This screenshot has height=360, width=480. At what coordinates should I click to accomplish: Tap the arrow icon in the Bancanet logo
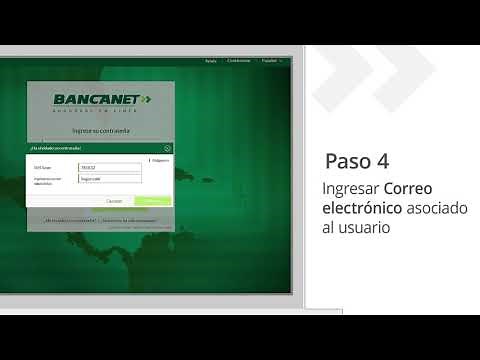[146, 99]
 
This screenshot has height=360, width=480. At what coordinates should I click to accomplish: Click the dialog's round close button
[168, 147]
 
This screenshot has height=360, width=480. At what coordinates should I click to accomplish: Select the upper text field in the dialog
[109, 168]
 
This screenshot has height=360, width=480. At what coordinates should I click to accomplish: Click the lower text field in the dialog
[109, 180]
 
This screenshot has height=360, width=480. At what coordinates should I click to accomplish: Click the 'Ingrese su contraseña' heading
[99, 131]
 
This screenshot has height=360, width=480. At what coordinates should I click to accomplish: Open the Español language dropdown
[271, 61]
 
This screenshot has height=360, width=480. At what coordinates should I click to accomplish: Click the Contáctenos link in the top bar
[239, 61]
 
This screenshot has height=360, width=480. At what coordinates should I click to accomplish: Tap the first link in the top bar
[210, 61]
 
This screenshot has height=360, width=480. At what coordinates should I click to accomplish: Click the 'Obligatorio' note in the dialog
[160, 158]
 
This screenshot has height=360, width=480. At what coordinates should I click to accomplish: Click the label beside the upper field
[42, 168]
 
